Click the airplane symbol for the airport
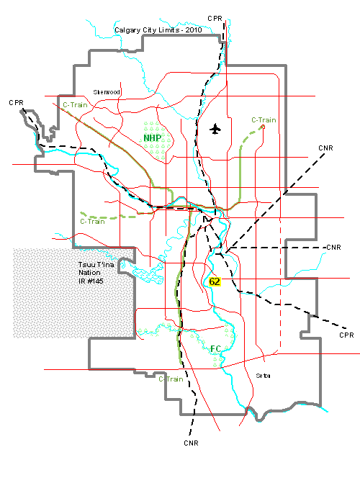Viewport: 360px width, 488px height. coord(215,129)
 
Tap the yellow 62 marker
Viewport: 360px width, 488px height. coord(215,281)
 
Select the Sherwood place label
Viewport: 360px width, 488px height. coord(107,92)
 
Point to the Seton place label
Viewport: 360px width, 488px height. coord(262,375)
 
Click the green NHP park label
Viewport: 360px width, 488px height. coord(152,137)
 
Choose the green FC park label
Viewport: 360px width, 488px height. coord(215,349)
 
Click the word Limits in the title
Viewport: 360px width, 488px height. coord(168,31)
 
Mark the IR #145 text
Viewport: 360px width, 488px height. coord(91,280)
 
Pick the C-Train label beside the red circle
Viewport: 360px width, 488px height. coord(264,119)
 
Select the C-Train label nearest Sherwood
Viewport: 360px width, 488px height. coord(75,105)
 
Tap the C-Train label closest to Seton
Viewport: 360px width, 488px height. coord(171,378)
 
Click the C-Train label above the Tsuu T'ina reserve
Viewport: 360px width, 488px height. coord(93,222)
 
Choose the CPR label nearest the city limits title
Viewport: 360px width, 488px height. coord(215,18)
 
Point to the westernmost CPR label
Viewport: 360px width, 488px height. coord(17,103)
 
